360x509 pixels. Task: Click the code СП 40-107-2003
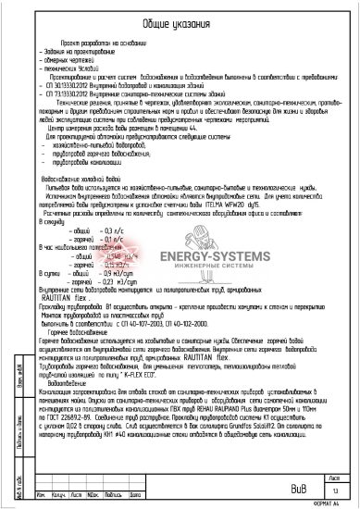click(x=121, y=316)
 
